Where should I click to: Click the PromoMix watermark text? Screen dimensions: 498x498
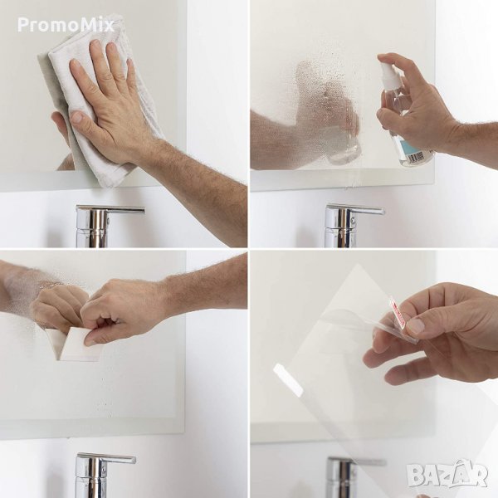pos(66,25)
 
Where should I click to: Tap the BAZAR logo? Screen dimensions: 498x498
pos(447,474)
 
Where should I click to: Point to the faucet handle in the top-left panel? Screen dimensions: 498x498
pos(110,210)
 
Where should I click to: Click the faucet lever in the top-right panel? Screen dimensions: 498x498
pos(356,209)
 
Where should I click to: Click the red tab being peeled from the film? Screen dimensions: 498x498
pos(397,312)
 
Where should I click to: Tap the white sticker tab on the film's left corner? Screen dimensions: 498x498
pos(288,380)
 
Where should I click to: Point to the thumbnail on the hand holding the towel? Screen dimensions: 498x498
pos(76,117)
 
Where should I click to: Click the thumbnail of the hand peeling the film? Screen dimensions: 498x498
pos(416,326)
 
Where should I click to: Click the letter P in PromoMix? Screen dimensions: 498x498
pos(22,25)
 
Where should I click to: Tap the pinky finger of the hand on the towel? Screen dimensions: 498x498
pos(131,71)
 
